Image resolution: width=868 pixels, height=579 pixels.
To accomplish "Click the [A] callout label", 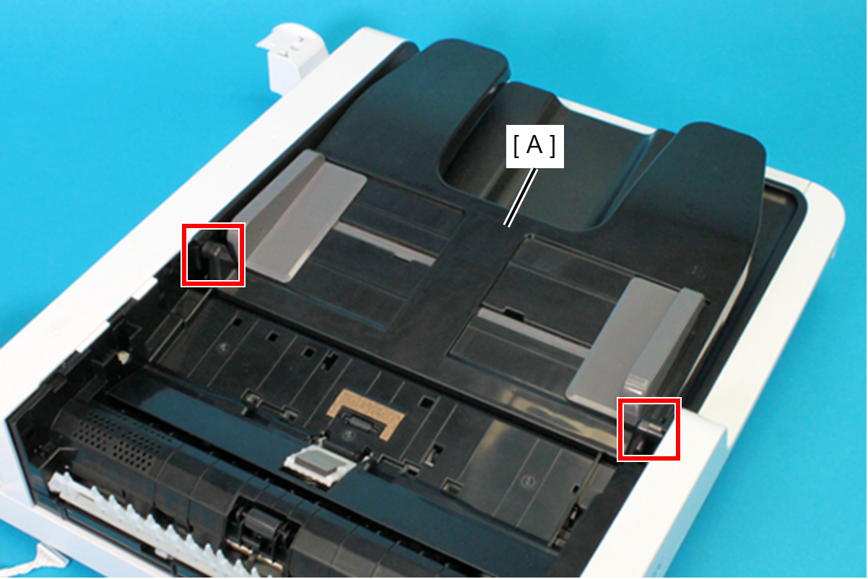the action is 535,146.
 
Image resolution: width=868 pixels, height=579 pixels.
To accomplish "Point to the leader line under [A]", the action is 521,198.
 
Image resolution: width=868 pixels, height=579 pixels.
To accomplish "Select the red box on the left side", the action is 213,256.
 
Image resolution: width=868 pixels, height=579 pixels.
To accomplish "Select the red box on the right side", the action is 649,429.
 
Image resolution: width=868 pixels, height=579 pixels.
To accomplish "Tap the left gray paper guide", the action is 300,215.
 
